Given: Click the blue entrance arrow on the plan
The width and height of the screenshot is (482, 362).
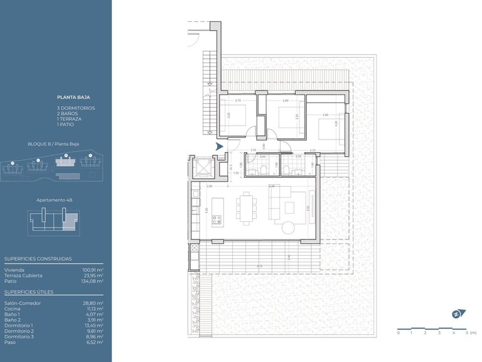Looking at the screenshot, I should pos(219,146).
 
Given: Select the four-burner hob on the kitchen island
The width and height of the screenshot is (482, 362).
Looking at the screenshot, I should pos(218,220).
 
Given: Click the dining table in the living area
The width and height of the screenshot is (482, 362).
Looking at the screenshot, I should pos(247,207).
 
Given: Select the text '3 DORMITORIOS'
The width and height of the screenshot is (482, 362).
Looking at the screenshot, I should pos(76,108).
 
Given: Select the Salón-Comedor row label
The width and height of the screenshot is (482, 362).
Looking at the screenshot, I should pos(23,303).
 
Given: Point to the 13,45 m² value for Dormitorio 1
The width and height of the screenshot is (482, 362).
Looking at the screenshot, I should pos(93,326).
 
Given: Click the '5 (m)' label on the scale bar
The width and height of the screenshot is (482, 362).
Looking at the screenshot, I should pos(470,332).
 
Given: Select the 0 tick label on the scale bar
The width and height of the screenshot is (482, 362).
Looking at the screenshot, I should pos(398,332).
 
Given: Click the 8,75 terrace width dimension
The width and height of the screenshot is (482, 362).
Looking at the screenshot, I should pos(260,266).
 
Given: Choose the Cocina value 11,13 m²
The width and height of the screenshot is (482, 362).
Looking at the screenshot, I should pos(94,309).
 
